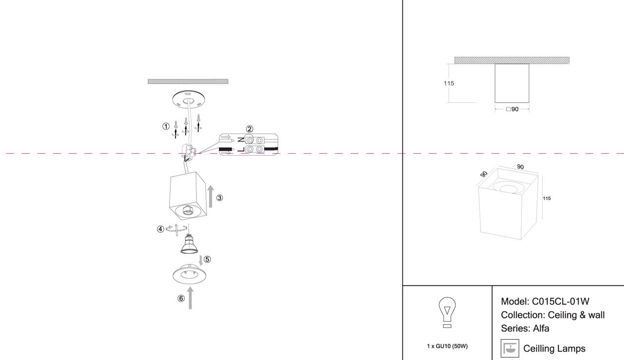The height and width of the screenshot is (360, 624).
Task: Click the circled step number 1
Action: pyautogui.click(x=166, y=126)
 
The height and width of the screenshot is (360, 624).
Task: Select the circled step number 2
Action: pyautogui.click(x=249, y=129)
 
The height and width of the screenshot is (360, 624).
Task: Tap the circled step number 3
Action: pyautogui.click(x=220, y=198)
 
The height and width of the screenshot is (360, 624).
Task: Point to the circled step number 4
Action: pyautogui.click(x=160, y=229)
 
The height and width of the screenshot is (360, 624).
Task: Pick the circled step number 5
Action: pyautogui.click(x=207, y=260)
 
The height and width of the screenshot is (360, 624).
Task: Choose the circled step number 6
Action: pyautogui.click(x=181, y=299)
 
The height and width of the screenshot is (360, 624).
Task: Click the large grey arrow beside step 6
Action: pyautogui.click(x=190, y=298)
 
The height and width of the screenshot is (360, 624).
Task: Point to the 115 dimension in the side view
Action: pyautogui.click(x=448, y=83)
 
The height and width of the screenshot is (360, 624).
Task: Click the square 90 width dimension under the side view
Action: pyautogui.click(x=512, y=109)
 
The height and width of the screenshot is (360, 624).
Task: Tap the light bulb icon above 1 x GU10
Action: pyautogui.click(x=447, y=312)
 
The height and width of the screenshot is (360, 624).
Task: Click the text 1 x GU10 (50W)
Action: pyautogui.click(x=447, y=346)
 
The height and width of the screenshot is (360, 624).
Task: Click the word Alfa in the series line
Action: pyautogui.click(x=541, y=328)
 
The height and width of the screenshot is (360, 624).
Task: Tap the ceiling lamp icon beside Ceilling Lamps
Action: pyautogui.click(x=510, y=348)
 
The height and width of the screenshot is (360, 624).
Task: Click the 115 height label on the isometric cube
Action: pyautogui.click(x=546, y=199)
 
